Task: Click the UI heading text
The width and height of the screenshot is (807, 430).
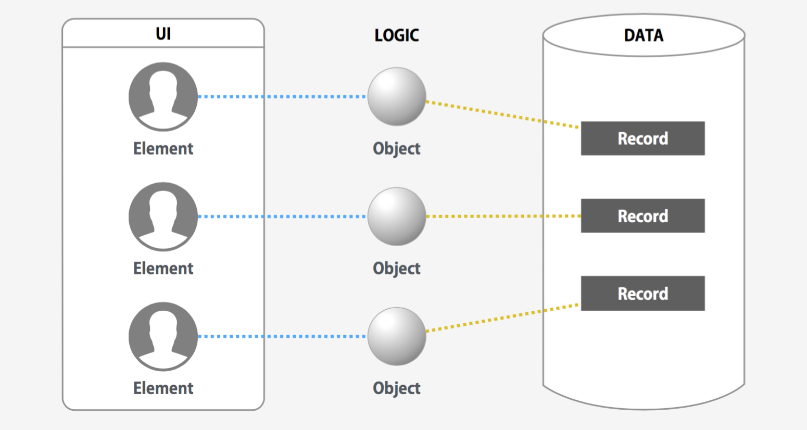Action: pyautogui.click(x=163, y=34)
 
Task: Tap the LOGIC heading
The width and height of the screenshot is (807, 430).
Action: pyautogui.click(x=397, y=35)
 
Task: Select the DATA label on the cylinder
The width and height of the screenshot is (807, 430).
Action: pyautogui.click(x=644, y=35)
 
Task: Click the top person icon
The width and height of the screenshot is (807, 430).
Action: pyautogui.click(x=163, y=97)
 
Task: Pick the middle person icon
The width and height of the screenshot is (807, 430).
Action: pyautogui.click(x=163, y=217)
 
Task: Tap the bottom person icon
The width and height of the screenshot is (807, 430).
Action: pyautogui.click(x=163, y=336)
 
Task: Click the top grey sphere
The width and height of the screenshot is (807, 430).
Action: pyautogui.click(x=397, y=97)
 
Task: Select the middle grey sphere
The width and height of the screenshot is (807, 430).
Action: pyautogui.click(x=397, y=217)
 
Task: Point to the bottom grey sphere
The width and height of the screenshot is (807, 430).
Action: pyautogui.click(x=397, y=336)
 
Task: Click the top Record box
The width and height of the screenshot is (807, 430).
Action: pyautogui.click(x=642, y=138)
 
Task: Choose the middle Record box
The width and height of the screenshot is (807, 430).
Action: pyautogui.click(x=642, y=216)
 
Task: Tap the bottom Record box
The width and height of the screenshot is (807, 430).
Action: pyautogui.click(x=642, y=294)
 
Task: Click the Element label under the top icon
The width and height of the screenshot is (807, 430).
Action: pyautogui.click(x=163, y=149)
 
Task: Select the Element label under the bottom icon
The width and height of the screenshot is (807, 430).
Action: pyautogui.click(x=163, y=388)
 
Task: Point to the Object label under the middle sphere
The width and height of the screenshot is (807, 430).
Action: pyautogui.click(x=397, y=269)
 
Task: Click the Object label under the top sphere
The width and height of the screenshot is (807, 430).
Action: pyautogui.click(x=397, y=149)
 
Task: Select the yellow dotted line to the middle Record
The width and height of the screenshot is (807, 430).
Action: pyautogui.click(x=503, y=216)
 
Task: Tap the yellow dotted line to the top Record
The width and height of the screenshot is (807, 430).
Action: pyautogui.click(x=503, y=114)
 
